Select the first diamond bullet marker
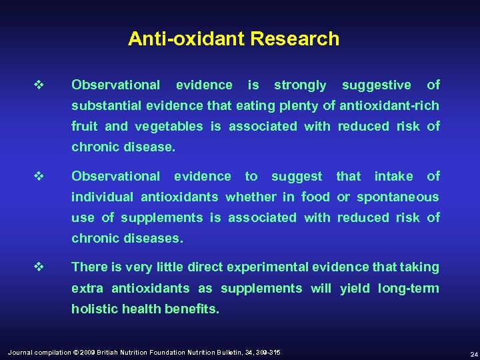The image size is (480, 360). click(x=38, y=85)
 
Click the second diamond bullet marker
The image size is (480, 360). click(x=38, y=177)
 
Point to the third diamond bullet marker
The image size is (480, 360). click(x=38, y=267)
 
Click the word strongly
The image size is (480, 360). click(x=300, y=85)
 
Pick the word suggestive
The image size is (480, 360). click(x=376, y=85)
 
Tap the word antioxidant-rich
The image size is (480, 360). click(x=389, y=106)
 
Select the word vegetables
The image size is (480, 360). click(x=170, y=127)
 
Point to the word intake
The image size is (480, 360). click(x=393, y=177)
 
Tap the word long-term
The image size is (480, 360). click(x=408, y=289)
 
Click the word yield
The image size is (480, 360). click(x=355, y=289)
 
